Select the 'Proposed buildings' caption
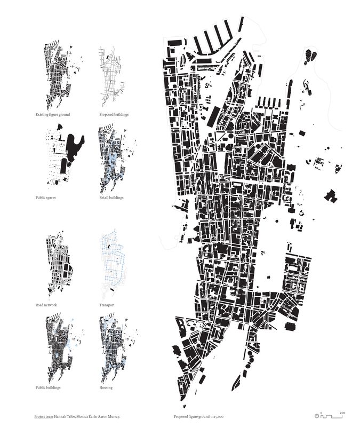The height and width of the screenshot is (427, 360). [x=114, y=115]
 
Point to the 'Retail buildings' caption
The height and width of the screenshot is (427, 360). [x=111, y=197]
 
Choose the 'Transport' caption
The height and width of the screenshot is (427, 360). [x=107, y=305]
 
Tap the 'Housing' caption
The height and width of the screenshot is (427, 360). [x=106, y=388]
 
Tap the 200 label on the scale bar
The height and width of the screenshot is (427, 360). [x=342, y=412]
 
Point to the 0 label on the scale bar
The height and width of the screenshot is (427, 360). [x=322, y=412]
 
